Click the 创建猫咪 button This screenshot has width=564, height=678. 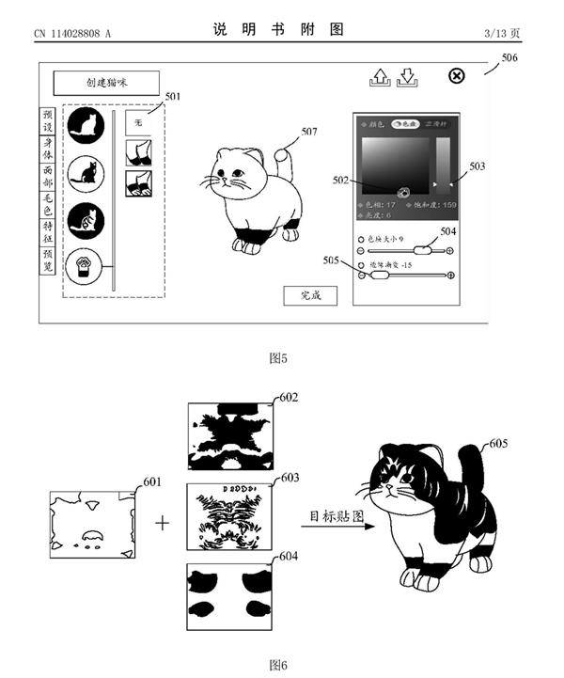tap(105, 83)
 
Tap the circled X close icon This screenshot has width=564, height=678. tap(457, 76)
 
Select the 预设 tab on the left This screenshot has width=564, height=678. tap(48, 121)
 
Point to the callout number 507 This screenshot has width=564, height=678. tap(309, 133)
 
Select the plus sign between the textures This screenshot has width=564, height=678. tap(163, 521)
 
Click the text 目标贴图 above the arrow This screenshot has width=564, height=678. tap(337, 516)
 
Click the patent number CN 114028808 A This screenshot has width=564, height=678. tap(71, 34)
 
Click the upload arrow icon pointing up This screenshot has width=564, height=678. tap(378, 77)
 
